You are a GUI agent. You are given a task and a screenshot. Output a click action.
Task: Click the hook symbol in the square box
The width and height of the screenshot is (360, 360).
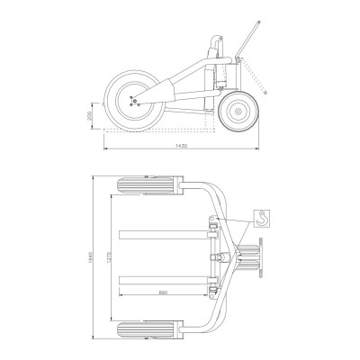click(x=261, y=217)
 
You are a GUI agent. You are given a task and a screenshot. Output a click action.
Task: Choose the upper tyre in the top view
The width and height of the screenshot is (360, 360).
click(x=149, y=188)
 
